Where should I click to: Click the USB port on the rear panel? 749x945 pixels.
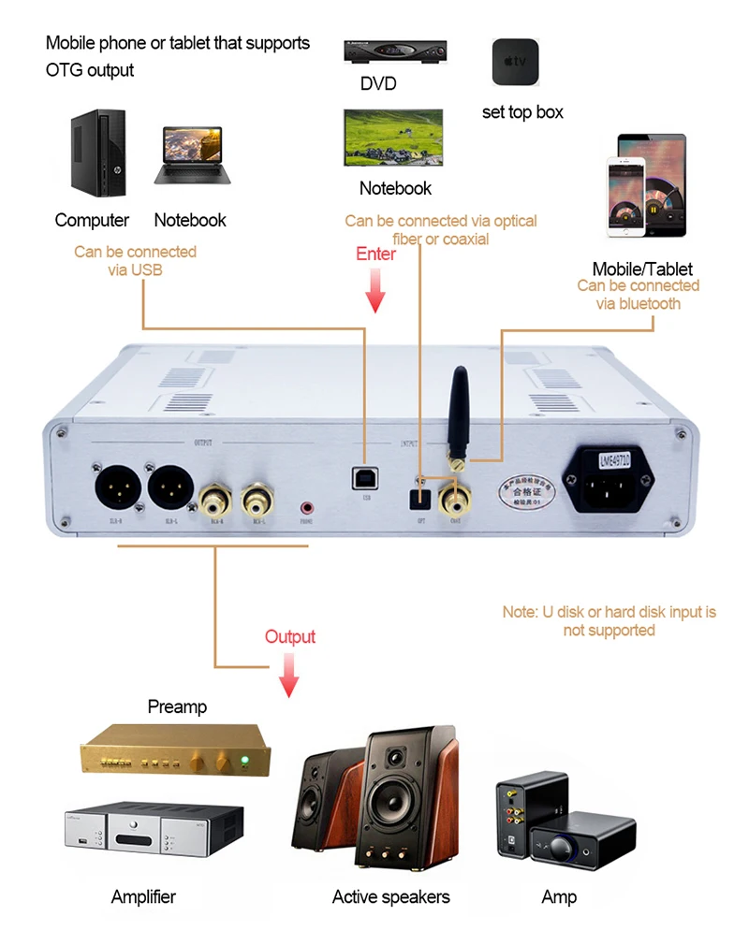(361, 477)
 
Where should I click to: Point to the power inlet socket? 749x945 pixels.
(613, 487)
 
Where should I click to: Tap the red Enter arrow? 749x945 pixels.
(375, 291)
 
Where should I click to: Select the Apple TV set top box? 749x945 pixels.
(514, 62)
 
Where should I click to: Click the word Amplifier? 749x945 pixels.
(143, 897)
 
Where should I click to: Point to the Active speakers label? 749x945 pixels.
(390, 897)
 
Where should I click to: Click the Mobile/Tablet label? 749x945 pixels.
(641, 269)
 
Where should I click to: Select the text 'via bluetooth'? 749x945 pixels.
(639, 304)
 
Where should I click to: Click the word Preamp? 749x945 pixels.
(177, 707)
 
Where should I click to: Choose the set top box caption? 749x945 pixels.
(522, 112)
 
